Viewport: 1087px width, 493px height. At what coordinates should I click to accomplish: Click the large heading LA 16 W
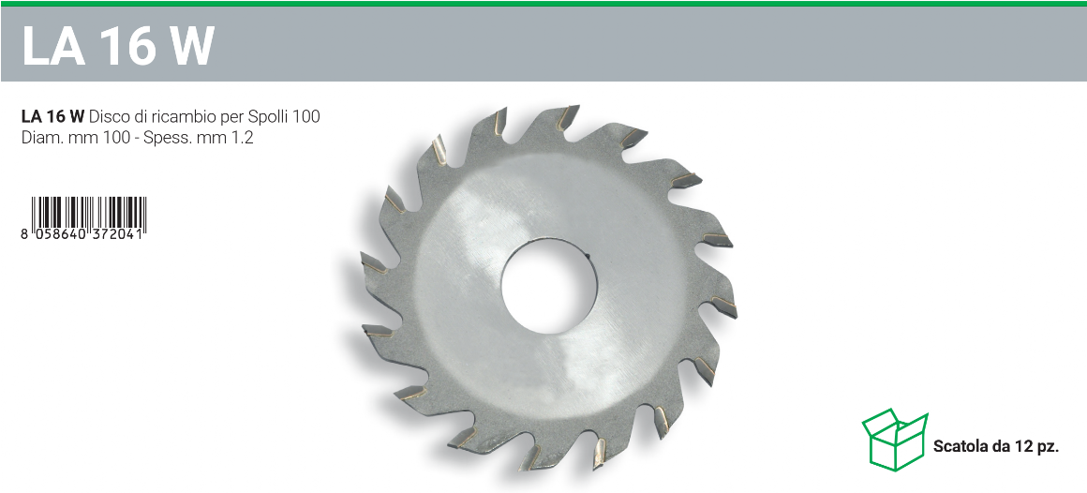[118, 47]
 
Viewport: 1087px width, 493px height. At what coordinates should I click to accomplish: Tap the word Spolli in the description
[268, 117]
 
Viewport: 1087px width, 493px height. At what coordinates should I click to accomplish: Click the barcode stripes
[89, 212]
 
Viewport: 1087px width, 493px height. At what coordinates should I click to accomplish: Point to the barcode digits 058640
[60, 234]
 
